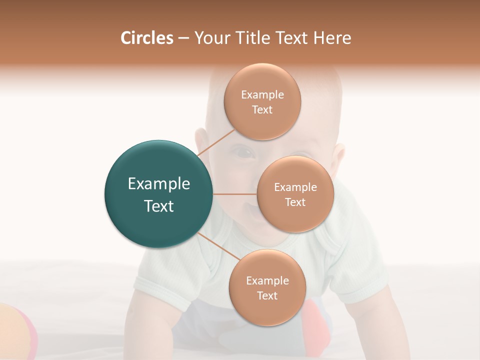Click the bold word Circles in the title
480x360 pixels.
coord(147,38)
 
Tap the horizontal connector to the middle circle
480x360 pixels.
coord(235,194)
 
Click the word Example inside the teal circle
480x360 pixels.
coord(159,184)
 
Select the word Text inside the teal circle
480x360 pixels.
coord(159,206)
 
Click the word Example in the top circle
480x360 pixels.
coord(262,95)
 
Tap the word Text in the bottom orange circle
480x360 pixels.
coord(267,295)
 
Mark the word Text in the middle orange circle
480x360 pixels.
coord(295,202)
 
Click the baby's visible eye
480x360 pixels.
coord(244,152)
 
